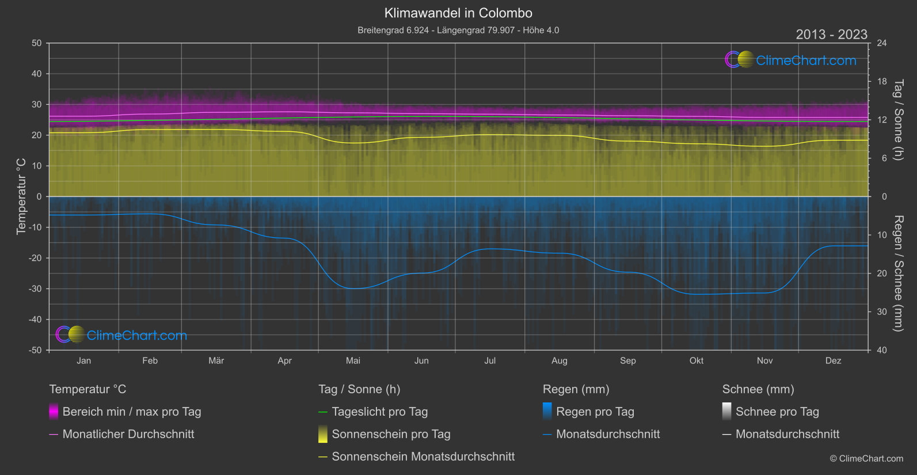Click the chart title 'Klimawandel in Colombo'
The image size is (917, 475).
458,13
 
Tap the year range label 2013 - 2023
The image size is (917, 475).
831,35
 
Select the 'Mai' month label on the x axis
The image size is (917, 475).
353,360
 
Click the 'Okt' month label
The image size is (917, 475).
697,360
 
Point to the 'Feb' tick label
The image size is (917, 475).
150,360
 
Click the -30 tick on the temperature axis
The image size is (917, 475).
36,288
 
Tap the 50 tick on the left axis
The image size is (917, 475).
37,43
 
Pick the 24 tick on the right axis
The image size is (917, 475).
881,43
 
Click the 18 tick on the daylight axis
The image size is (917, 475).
881,82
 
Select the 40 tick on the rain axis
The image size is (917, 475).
881,350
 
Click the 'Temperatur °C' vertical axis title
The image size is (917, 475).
21,196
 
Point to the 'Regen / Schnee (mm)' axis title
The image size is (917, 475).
898,273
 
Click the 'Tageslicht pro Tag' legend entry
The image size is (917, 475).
379,412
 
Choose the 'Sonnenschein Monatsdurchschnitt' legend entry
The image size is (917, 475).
423,457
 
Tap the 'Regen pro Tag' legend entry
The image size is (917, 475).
595,412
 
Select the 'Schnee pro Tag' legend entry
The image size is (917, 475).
777,412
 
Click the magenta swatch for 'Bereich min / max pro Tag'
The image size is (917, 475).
54,412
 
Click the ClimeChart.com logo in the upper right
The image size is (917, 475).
791,60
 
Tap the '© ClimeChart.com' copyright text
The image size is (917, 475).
866,458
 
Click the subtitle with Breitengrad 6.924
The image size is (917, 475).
458,30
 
